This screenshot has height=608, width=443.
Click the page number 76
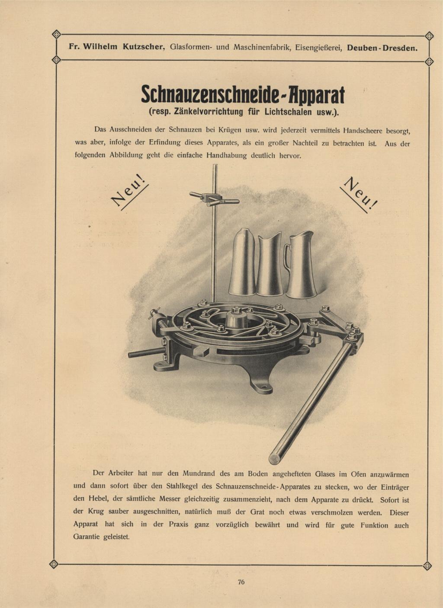[x=241, y=582]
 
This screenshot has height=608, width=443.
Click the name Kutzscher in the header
[x=142, y=47]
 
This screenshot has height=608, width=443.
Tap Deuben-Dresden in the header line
[x=382, y=48]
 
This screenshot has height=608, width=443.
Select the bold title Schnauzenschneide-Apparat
[x=243, y=94]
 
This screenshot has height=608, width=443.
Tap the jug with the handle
[x=302, y=266]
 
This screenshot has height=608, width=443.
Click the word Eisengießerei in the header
[x=319, y=47]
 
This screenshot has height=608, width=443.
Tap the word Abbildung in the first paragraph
[x=127, y=155]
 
